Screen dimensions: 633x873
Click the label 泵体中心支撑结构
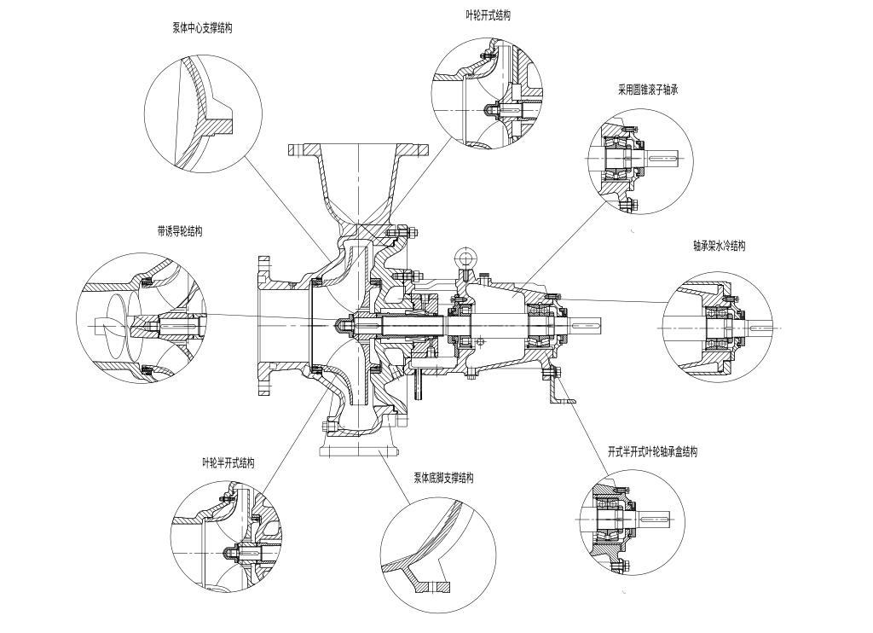(x=202, y=27)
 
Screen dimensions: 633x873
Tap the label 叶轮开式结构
(x=488, y=15)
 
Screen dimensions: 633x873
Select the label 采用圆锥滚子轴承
(x=648, y=89)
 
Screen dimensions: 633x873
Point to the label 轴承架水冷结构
(x=719, y=246)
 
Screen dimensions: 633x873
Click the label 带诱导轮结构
(x=180, y=231)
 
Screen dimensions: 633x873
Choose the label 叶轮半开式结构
(x=228, y=462)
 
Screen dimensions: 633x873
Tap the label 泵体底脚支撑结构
(x=443, y=478)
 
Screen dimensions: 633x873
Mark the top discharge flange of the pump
(x=358, y=149)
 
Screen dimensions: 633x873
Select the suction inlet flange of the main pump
(x=265, y=325)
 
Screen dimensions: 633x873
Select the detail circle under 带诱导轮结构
(x=142, y=317)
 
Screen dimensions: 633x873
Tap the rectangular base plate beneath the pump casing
(x=358, y=450)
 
